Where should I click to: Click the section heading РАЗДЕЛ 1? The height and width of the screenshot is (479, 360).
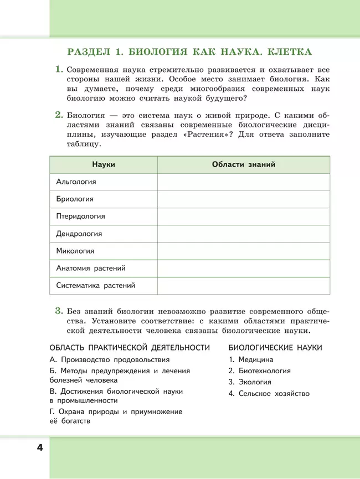pos(189,53)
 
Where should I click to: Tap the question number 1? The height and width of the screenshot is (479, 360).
pos(58,70)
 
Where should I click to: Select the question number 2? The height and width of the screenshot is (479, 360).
pos(58,115)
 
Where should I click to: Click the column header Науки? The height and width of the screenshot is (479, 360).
pos(104,164)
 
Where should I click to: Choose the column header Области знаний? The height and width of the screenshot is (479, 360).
pos(244,164)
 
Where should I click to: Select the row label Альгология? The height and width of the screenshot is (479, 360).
pos(76,182)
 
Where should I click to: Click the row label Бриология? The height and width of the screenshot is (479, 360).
pos(75,199)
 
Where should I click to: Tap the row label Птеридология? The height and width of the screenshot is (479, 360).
pos(81,216)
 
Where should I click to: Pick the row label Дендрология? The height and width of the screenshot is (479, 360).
pos(79,234)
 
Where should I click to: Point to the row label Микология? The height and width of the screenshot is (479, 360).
pos(75,251)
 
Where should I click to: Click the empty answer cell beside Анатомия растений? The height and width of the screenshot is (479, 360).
pos(244,268)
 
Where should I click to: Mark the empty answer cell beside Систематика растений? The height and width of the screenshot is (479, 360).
pos(244,286)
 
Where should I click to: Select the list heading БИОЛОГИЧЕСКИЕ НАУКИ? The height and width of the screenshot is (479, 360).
pos(275,347)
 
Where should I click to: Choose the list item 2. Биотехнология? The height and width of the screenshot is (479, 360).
pos(259,371)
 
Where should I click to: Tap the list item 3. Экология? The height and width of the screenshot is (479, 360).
pos(250,382)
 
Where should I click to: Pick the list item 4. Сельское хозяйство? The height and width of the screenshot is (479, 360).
pos(269,394)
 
